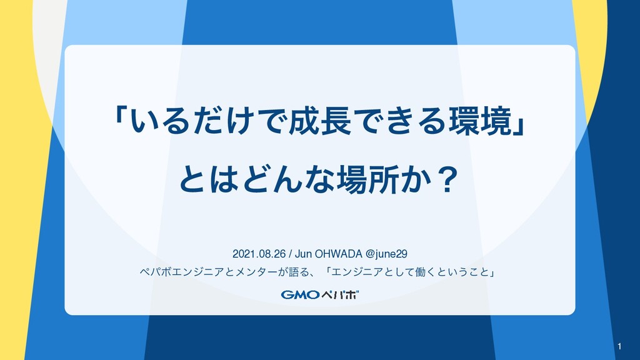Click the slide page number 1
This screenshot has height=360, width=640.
619,346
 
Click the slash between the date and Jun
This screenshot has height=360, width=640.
291,254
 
